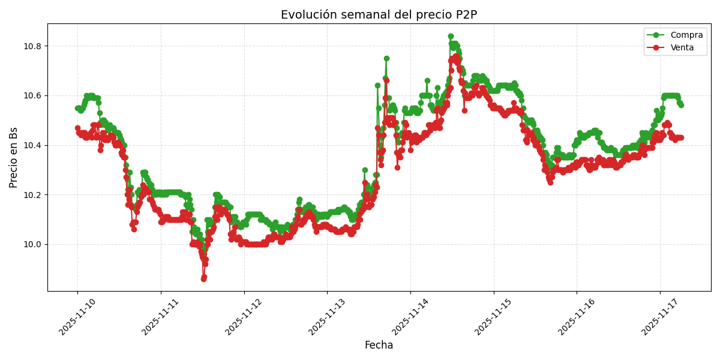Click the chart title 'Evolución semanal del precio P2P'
tap(379, 15)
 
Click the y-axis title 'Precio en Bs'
tap(14, 157)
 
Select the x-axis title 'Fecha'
tap(379, 346)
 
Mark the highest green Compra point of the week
tap(451, 37)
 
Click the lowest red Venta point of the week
tap(203, 279)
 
